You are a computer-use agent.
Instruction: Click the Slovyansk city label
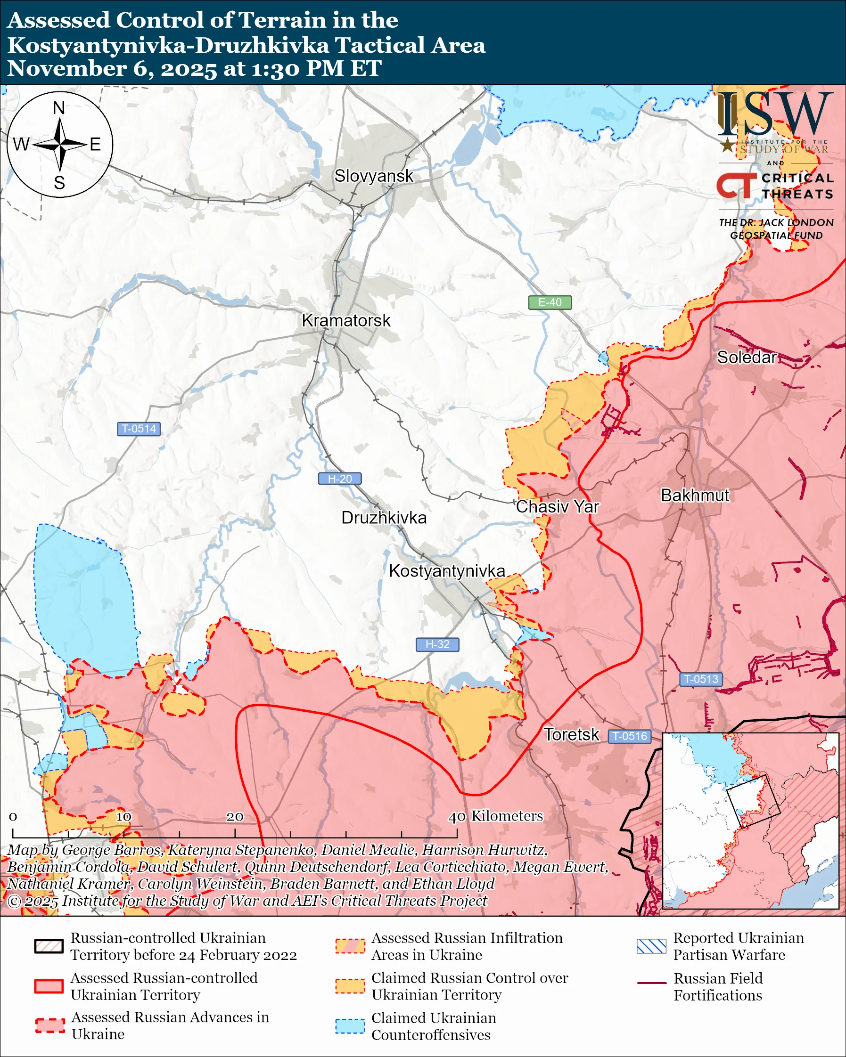point(374,176)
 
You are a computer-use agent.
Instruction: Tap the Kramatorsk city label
point(346,320)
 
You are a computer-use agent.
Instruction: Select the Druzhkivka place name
point(384,518)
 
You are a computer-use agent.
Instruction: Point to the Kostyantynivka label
point(447,571)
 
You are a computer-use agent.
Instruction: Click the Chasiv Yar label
point(557,506)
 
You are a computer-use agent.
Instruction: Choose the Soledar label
point(747,358)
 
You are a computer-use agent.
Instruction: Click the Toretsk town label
point(571,734)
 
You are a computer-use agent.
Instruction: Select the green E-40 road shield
point(550,302)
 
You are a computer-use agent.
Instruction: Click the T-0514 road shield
point(139,429)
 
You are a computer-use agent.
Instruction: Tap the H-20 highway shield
point(340,479)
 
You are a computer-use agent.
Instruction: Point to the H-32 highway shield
point(437,644)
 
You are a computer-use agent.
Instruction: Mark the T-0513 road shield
point(701,679)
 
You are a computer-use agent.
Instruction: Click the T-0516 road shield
point(630,736)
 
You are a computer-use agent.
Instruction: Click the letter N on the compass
point(59,107)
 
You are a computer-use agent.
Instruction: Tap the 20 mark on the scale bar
point(234,817)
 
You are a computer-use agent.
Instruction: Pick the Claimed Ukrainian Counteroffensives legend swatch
point(350,1026)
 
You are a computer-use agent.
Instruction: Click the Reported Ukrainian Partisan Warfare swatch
point(651,946)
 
